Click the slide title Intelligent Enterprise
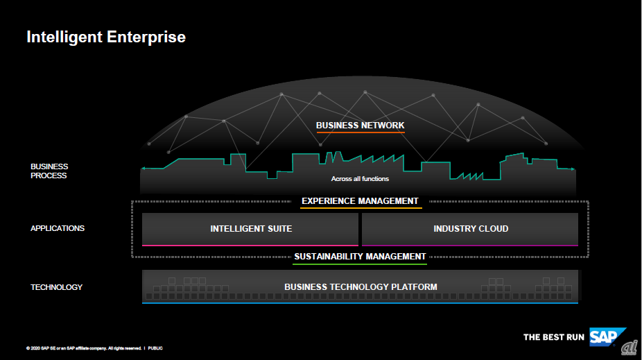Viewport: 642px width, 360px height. [106, 36]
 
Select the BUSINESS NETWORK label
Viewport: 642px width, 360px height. [360, 126]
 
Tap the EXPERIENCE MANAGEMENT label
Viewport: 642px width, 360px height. [360, 201]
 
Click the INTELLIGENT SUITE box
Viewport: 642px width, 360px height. [250, 228]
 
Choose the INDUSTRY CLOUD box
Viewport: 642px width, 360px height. [471, 228]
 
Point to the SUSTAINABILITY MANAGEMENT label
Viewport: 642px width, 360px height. [360, 257]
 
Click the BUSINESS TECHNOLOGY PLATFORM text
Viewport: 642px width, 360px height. [361, 286]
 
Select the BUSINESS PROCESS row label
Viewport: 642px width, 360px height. [49, 171]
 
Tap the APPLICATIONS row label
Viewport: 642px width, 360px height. [58, 228]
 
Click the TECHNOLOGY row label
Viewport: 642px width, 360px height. [56, 287]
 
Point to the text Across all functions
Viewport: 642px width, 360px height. [360, 179]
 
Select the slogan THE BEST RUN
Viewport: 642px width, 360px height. [554, 337]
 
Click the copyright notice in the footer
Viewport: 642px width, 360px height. [83, 348]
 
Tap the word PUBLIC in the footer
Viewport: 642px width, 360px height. [155, 348]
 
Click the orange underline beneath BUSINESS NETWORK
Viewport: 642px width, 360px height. [360, 132]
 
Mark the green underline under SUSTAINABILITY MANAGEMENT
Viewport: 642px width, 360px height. [359, 264]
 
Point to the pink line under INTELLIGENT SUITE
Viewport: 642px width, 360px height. [250, 245]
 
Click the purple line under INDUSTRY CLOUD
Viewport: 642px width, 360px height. [470, 245]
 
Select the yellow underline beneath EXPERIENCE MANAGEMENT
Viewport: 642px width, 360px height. [361, 208]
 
